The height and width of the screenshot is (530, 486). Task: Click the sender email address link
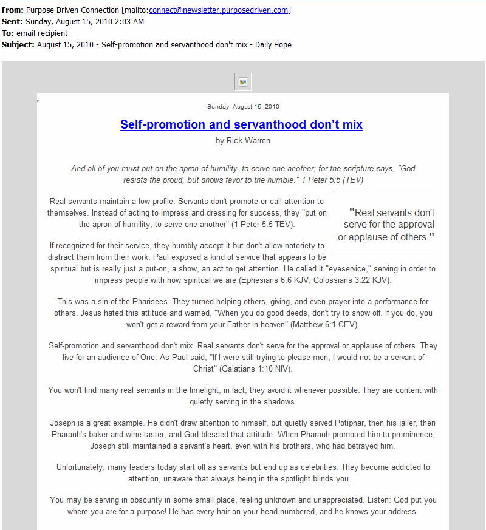pyautogui.click(x=219, y=10)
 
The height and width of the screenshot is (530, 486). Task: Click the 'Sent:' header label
pyautogui.click(x=12, y=21)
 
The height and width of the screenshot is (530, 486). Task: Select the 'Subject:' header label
pyautogui.click(x=18, y=44)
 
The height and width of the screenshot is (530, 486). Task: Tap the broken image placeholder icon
pyautogui.click(x=243, y=82)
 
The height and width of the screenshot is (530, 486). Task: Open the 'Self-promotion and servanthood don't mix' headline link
pyautogui.click(x=241, y=124)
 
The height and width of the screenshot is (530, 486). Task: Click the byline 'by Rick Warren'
pyautogui.click(x=243, y=141)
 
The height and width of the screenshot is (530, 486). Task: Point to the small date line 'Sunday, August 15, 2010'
pyautogui.click(x=243, y=107)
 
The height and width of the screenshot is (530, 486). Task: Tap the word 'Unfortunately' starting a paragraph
pyautogui.click(x=83, y=467)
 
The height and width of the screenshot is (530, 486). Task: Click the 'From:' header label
pyautogui.click(x=13, y=10)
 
